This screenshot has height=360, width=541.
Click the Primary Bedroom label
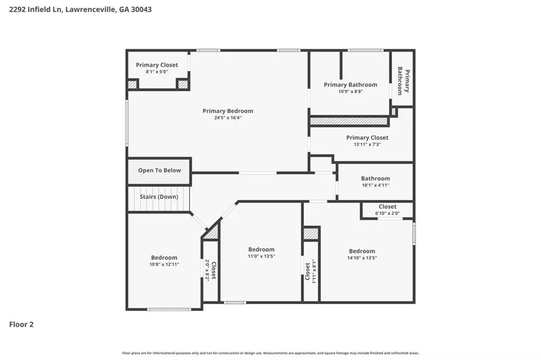[228, 111]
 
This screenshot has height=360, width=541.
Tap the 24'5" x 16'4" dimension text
[228, 118]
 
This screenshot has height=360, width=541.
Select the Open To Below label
[160, 170]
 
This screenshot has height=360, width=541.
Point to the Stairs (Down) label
[158, 196]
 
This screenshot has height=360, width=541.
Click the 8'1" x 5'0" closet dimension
[156, 72]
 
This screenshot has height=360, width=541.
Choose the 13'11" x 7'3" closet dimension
[367, 145]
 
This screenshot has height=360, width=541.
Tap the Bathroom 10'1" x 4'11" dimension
[376, 185]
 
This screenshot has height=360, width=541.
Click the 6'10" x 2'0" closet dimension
[387, 213]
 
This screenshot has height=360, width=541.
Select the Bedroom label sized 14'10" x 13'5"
[362, 251]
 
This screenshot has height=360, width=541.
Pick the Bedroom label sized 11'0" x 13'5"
[261, 249]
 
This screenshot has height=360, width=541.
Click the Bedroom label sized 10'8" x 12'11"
[164, 258]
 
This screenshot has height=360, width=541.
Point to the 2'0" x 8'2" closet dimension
[207, 270]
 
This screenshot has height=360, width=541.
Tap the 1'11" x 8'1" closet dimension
[314, 271]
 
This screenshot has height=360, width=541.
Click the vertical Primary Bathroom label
[403, 81]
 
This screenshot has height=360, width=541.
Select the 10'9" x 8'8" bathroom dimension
[351, 91]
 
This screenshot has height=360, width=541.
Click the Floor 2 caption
[21, 325]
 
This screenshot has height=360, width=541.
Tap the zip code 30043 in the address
[141, 10]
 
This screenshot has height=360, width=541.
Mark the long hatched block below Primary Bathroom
[349, 121]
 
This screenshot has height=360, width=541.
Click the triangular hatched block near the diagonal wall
[211, 231]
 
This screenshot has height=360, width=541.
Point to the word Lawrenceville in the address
[90, 10]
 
